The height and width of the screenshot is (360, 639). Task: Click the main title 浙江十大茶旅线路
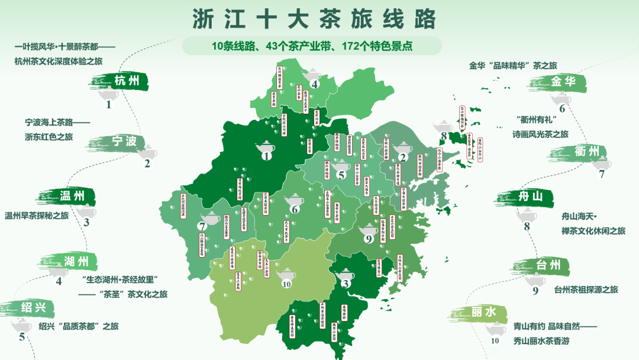point(314,19)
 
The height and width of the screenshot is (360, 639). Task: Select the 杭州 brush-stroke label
point(127,81)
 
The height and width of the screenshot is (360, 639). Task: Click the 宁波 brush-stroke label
point(124,141)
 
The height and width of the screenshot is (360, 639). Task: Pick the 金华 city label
point(563,82)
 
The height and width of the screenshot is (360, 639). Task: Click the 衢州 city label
point(587,151)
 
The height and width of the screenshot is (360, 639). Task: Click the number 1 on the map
point(266,156)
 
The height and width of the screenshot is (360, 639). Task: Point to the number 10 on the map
point(287,284)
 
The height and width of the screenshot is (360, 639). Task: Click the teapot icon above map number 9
point(368,229)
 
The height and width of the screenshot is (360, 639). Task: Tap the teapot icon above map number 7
point(210,217)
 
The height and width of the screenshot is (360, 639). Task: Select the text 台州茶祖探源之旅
point(586,290)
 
